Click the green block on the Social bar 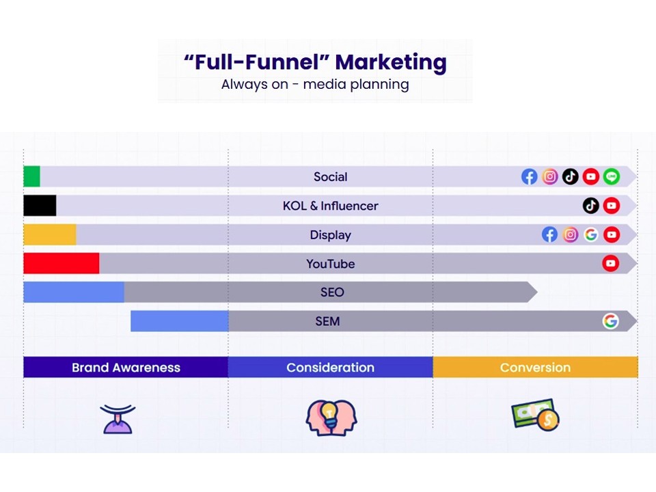coord(32,176)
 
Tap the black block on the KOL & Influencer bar coord(40,206)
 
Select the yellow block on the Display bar coord(50,234)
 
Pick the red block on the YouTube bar coord(61,263)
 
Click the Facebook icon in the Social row coord(529,176)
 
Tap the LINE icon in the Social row coord(612,176)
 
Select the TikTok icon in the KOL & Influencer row coord(590,206)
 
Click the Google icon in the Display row coord(590,234)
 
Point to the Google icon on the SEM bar coord(610,321)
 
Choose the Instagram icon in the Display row coord(570,234)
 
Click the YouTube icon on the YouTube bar coord(610,263)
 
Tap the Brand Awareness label coord(126,368)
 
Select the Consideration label coord(331,368)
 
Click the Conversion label coord(535,368)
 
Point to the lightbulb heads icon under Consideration coord(331,418)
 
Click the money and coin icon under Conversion coord(535,415)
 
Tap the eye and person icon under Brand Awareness coord(118,418)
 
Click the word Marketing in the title coord(391,62)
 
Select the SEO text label coord(332,292)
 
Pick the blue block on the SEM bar coord(180,321)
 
